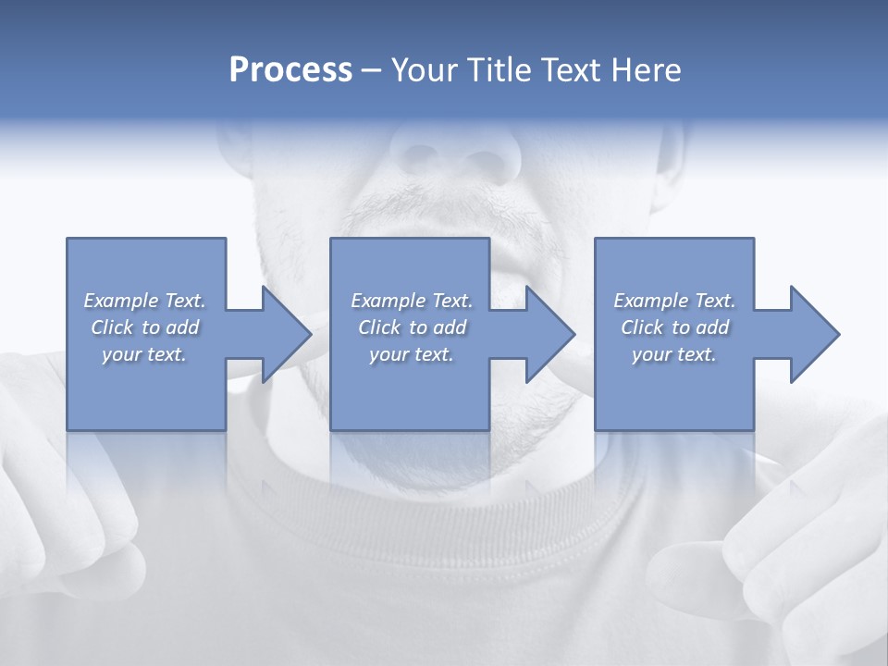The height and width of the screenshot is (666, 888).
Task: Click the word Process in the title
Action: (290, 70)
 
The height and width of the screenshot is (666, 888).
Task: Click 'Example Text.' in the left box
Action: (144, 301)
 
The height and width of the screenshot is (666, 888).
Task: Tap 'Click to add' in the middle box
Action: (412, 327)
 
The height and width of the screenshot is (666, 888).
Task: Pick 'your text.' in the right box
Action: (674, 354)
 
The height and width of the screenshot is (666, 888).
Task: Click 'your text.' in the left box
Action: (144, 354)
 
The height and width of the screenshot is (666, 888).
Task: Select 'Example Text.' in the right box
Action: (674, 301)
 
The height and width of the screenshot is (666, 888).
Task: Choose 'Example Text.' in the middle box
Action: (412, 301)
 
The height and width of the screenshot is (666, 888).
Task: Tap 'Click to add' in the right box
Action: (674, 327)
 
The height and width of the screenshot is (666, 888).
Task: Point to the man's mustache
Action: (444, 208)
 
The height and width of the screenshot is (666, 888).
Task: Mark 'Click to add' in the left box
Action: (144, 327)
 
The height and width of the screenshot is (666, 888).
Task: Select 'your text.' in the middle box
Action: (412, 354)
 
